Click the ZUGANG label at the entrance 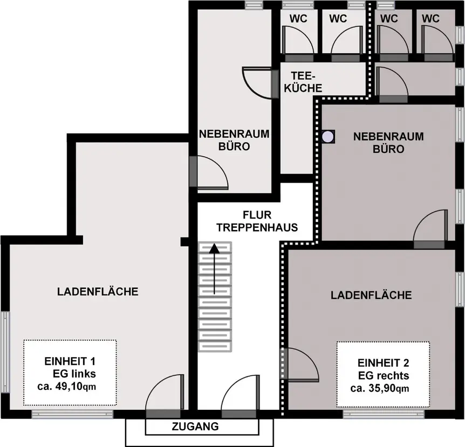pyautogui.click(x=195, y=427)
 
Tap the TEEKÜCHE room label pyautogui.click(x=303, y=82)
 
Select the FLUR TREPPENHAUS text pyautogui.click(x=257, y=221)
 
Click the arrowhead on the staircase pyautogui.click(x=214, y=249)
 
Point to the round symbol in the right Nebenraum pyautogui.click(x=328, y=137)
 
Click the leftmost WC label pyautogui.click(x=298, y=19)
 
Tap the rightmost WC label pyautogui.click(x=430, y=19)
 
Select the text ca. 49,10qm pyautogui.click(x=67, y=387)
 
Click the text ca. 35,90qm pyautogui.click(x=380, y=388)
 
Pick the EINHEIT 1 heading pyautogui.click(x=70, y=361)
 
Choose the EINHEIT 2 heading pyautogui.click(x=384, y=362)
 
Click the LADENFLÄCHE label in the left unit pyautogui.click(x=98, y=291)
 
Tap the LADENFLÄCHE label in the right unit pyautogui.click(x=371, y=295)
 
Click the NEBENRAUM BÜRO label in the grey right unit pyautogui.click(x=388, y=143)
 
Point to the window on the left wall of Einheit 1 pyautogui.click(x=5, y=352)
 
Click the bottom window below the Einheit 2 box pyautogui.click(x=384, y=415)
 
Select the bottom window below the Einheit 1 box pyautogui.click(x=72, y=414)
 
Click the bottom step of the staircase pyautogui.click(x=215, y=346)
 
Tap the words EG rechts pyautogui.click(x=384, y=376)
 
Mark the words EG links pyautogui.click(x=74, y=374)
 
